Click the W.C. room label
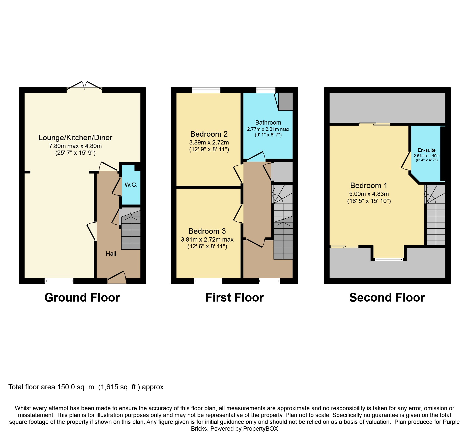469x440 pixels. [131, 185]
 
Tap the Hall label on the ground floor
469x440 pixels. [111, 254]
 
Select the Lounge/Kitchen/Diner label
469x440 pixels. [75, 137]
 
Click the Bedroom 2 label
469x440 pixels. [209, 134]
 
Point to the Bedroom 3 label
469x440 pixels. [207, 231]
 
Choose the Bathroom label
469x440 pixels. [268, 123]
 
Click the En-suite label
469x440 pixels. [427, 150]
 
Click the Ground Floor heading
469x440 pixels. [82, 298]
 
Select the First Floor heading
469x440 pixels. [235, 298]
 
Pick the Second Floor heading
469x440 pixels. [387, 298]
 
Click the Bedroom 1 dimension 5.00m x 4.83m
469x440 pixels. [369, 194]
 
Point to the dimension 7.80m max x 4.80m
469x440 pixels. [75, 146]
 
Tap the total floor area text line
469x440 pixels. [86, 387]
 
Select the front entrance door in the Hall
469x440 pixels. [117, 277]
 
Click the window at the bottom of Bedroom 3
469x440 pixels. [208, 281]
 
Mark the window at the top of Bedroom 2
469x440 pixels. [206, 90]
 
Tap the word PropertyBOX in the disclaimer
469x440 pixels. [260, 429]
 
